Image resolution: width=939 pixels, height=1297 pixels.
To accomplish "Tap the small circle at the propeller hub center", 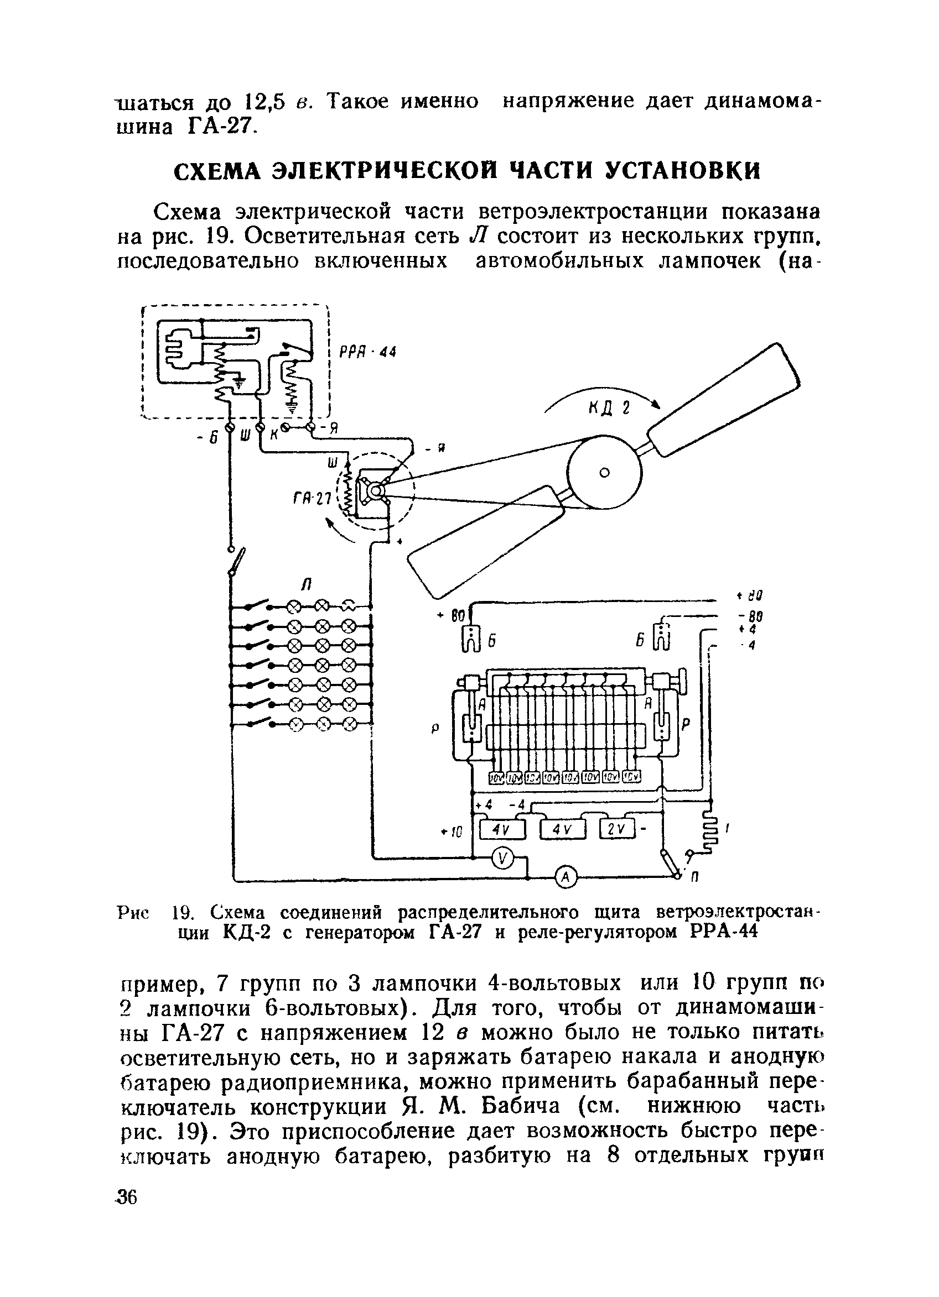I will (x=604, y=472).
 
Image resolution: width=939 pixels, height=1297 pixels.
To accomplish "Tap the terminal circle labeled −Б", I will (x=231, y=428).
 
